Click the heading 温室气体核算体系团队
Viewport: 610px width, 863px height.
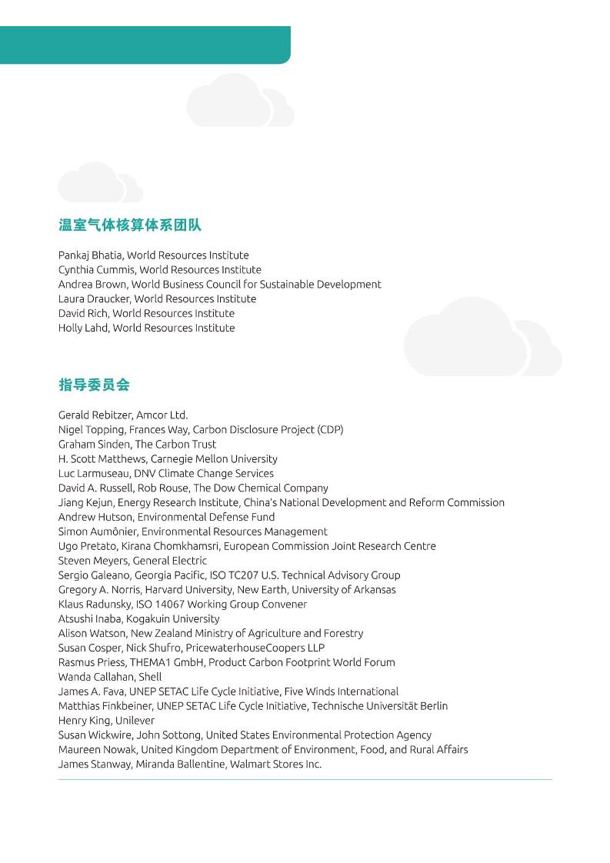pos(130,225)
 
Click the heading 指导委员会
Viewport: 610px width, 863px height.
pos(94,385)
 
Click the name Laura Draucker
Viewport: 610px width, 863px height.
pos(93,299)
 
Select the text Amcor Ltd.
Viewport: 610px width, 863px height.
pos(162,415)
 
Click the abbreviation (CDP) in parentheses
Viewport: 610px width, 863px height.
pos(330,430)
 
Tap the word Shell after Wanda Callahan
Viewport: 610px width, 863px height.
pos(150,678)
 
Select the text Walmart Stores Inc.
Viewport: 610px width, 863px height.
pos(275,765)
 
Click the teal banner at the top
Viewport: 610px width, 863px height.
pos(145,45)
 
